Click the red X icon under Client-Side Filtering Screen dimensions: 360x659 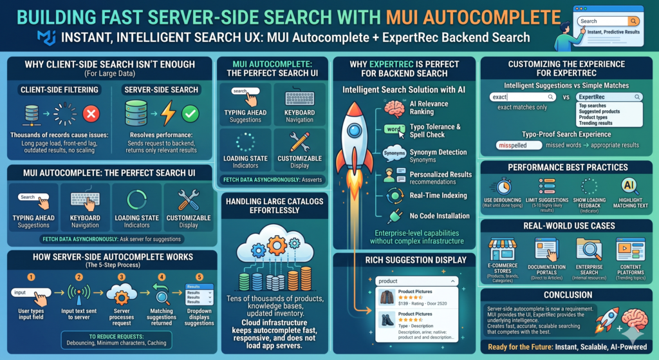(91, 115)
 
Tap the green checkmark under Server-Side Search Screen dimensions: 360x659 (190, 115)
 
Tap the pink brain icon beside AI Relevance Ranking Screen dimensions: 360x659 (390, 108)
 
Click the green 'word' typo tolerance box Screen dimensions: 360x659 (393, 129)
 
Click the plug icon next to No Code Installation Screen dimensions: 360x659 (392, 215)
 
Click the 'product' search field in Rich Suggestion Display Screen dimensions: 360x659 (416, 281)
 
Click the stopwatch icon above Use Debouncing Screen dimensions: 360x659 (502, 185)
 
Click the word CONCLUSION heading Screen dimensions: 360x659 (568, 296)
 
